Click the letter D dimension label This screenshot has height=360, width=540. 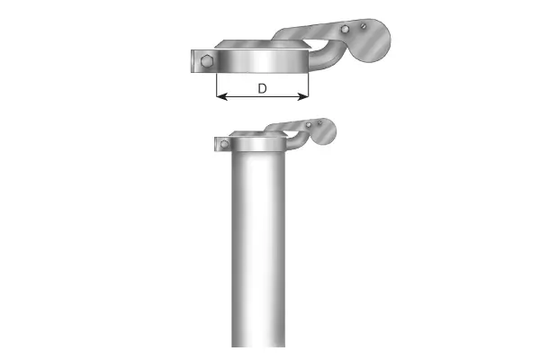[x=262, y=88]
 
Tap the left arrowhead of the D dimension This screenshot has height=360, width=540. [x=220, y=96]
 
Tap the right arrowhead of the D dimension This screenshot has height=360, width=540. [x=304, y=96]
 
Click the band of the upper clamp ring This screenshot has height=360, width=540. [x=261, y=64]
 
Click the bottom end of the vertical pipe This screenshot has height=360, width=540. [x=259, y=342]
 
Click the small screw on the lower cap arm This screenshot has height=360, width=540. [x=318, y=123]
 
